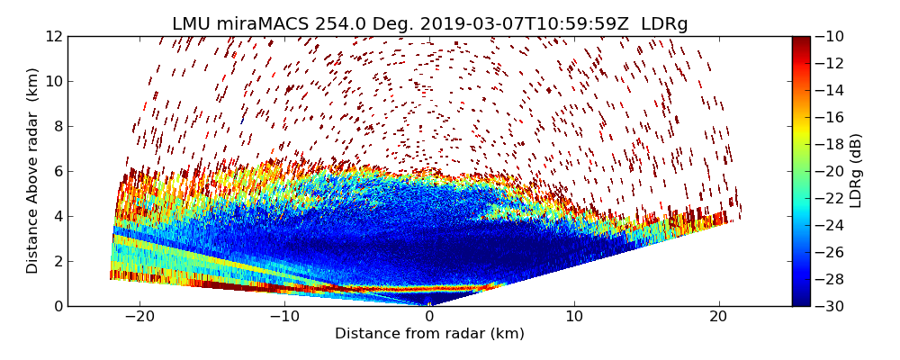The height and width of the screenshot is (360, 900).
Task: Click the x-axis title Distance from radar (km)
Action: [429, 334]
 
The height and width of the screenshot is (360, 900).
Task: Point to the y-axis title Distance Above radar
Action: [33, 170]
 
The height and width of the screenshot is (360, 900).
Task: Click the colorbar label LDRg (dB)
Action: [856, 170]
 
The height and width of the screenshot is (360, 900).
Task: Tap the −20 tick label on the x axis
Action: [139, 317]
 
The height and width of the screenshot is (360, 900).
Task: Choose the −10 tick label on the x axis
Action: [284, 317]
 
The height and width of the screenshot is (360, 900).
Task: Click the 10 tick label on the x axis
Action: [574, 317]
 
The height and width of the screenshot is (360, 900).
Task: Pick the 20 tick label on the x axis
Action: [718, 317]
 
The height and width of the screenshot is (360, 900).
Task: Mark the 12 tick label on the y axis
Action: [53, 37]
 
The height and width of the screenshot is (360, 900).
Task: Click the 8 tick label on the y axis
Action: [57, 126]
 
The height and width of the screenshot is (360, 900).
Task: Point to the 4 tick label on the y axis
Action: [57, 216]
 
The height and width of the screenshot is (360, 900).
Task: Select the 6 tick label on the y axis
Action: [57, 171]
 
